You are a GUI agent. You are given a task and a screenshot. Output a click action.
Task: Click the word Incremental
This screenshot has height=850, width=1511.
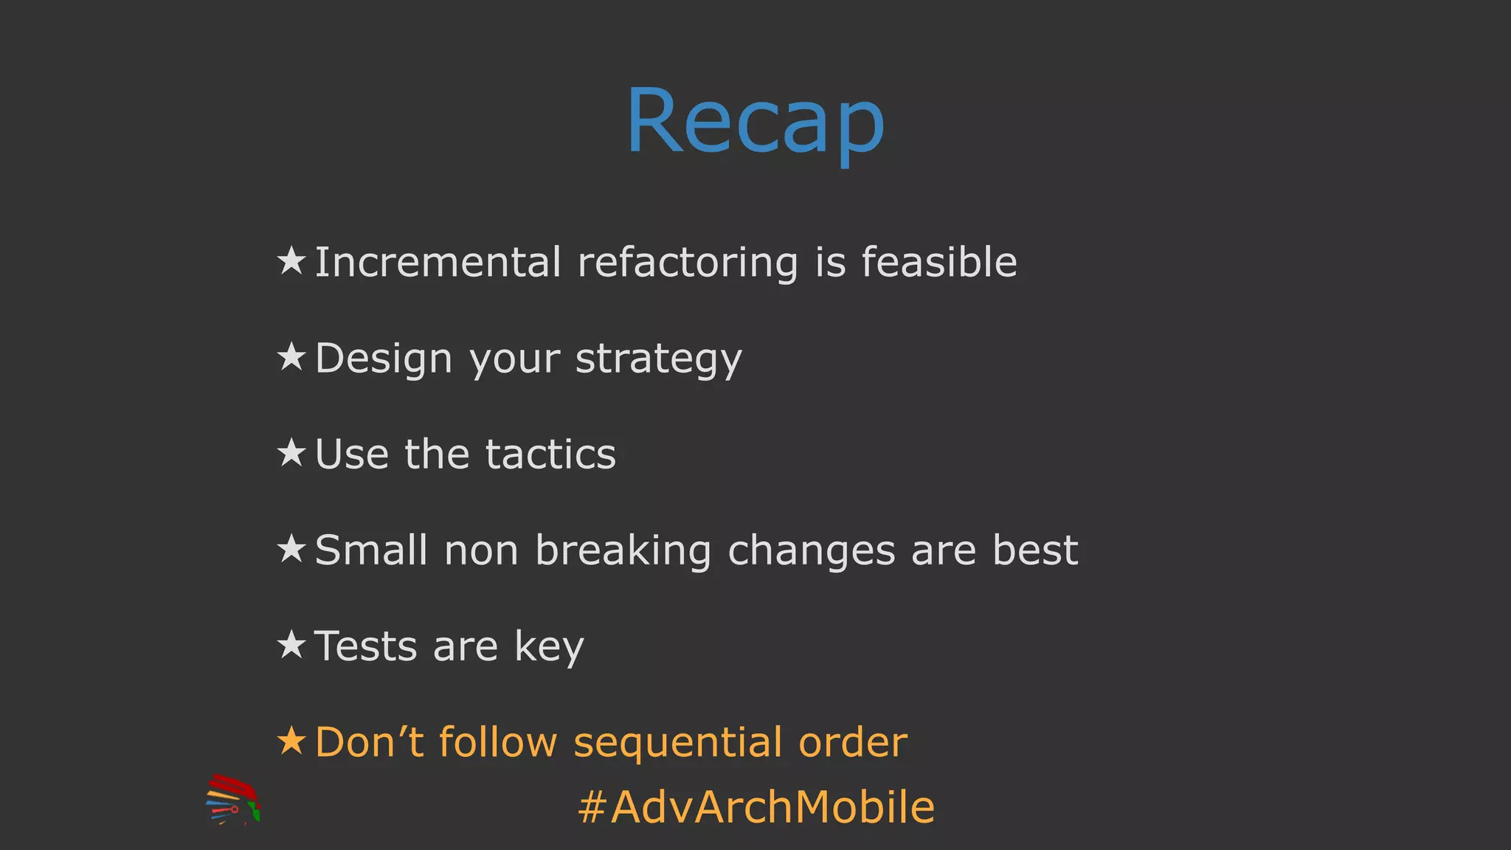[x=438, y=262]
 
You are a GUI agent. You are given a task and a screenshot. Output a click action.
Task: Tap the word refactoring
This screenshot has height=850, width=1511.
[x=687, y=263]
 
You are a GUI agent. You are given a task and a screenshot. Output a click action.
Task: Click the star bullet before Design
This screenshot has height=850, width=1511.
[x=291, y=357]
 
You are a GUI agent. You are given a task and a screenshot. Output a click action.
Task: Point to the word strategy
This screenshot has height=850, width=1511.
[x=658, y=360]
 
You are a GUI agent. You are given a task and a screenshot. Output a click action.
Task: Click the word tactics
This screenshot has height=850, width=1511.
[x=550, y=454]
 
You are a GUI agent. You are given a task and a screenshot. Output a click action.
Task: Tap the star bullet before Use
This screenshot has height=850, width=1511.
[x=291, y=453]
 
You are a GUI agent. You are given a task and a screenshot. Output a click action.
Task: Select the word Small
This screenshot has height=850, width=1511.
[x=371, y=550]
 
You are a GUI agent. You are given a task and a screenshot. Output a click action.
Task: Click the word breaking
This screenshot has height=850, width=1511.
[x=623, y=551]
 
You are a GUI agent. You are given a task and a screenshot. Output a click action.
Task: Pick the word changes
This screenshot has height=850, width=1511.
[x=811, y=551]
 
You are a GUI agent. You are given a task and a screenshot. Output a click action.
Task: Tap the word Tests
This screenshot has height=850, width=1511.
[x=366, y=646]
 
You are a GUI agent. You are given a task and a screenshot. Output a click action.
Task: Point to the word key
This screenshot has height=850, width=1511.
[x=549, y=648]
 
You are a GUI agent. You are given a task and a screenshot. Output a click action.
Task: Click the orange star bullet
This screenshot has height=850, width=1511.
[x=291, y=741]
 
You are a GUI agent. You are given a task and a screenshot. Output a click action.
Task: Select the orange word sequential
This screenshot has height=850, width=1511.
[x=677, y=743]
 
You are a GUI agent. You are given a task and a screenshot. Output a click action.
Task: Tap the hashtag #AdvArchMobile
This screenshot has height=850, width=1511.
[x=756, y=806]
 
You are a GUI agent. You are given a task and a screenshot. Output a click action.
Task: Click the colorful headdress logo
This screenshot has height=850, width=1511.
[x=232, y=800]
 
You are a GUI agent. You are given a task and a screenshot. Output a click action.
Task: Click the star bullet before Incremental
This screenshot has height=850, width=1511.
[x=291, y=261]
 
